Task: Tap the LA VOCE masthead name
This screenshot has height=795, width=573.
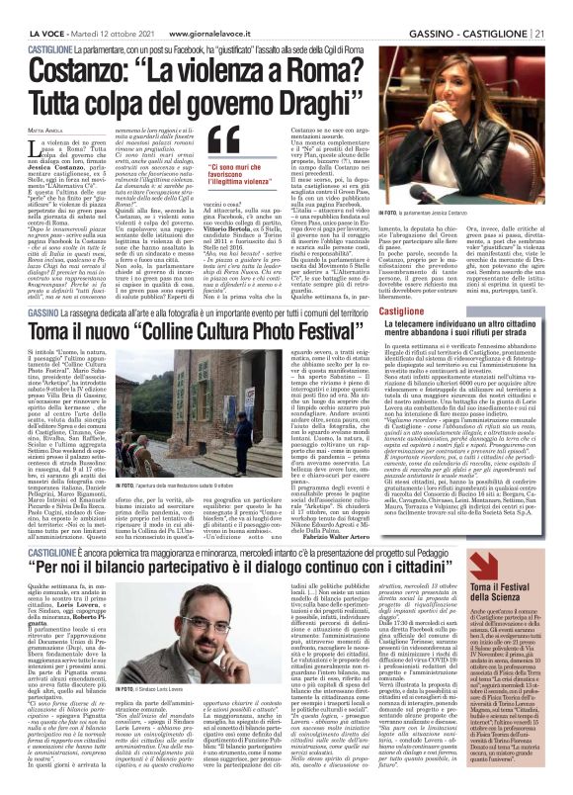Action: (32, 10)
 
